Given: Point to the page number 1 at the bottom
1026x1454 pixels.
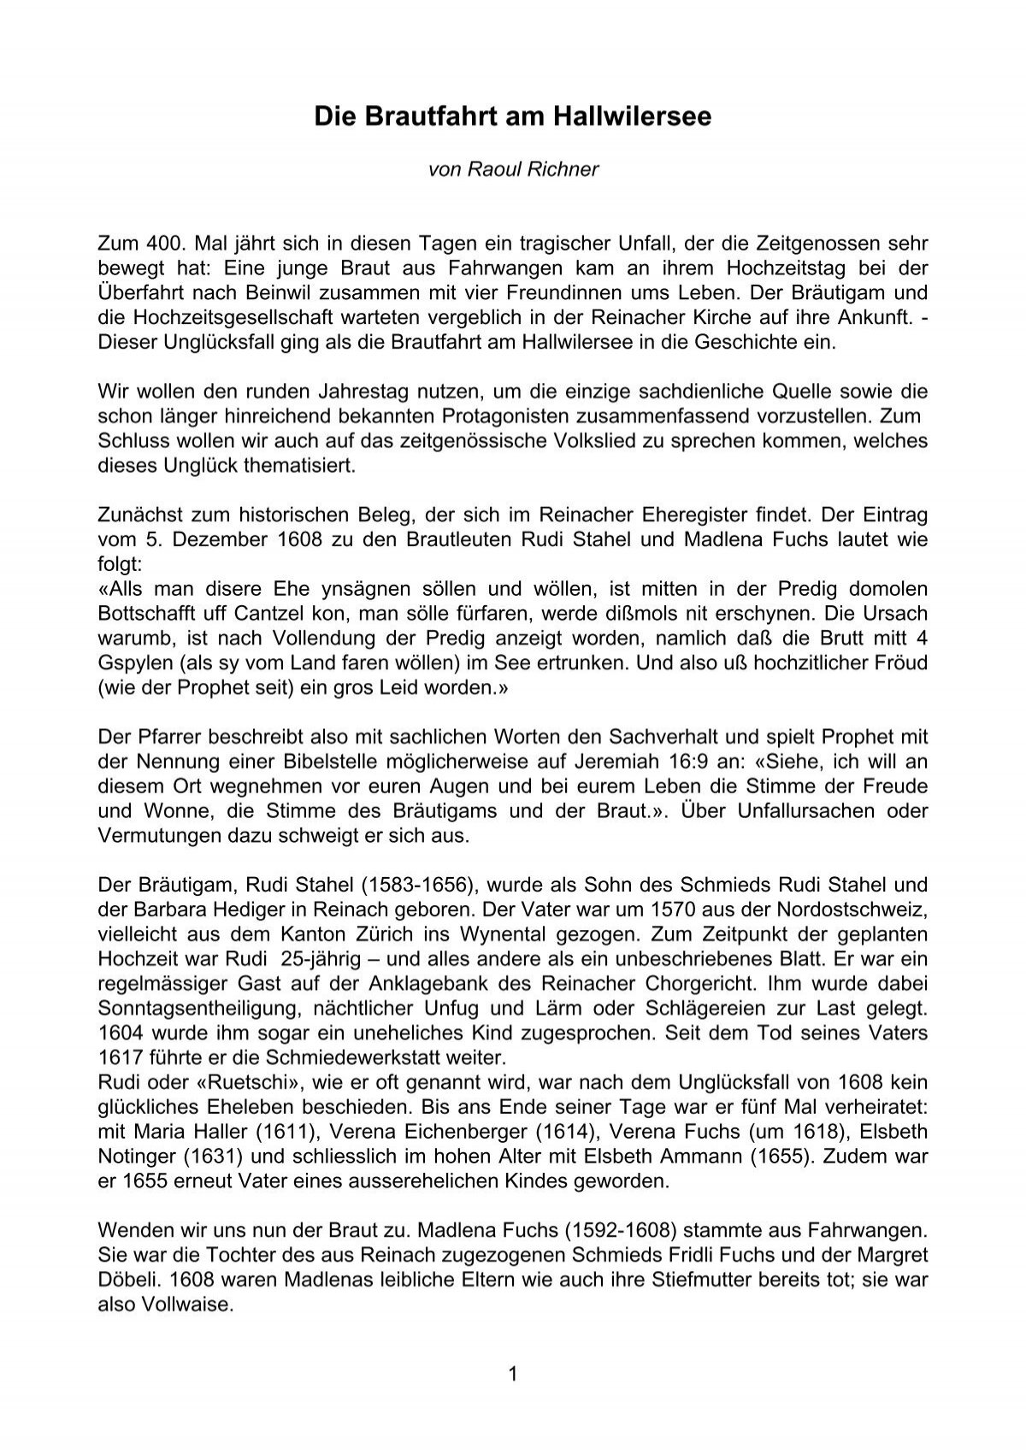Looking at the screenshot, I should pyautogui.click(x=513, y=1374).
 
